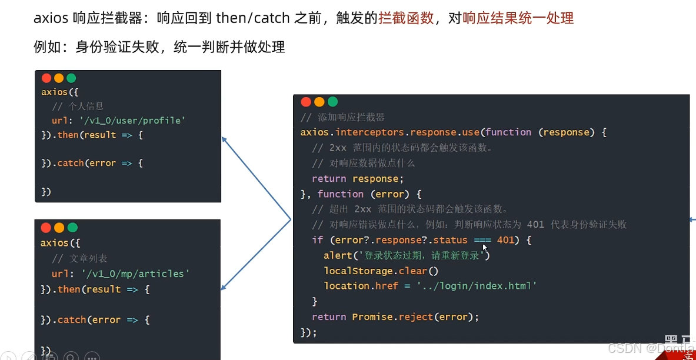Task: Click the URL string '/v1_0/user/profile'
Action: click(x=132, y=121)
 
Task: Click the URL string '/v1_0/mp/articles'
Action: click(x=135, y=274)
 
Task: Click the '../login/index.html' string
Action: click(x=477, y=286)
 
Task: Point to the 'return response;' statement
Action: click(x=358, y=179)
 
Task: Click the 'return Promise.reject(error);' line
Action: click(x=395, y=317)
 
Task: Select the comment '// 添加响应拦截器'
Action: click(x=342, y=117)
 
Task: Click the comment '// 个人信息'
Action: click(x=78, y=106)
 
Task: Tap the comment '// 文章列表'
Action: click(x=79, y=258)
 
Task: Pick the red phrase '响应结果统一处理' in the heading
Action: click(x=518, y=18)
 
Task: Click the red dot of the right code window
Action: click(x=306, y=102)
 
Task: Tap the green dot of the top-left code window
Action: click(x=71, y=78)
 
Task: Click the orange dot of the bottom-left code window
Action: click(x=59, y=228)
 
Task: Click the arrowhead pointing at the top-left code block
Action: click(x=224, y=139)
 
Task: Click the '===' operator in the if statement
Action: click(x=482, y=240)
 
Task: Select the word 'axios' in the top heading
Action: click(x=51, y=18)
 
